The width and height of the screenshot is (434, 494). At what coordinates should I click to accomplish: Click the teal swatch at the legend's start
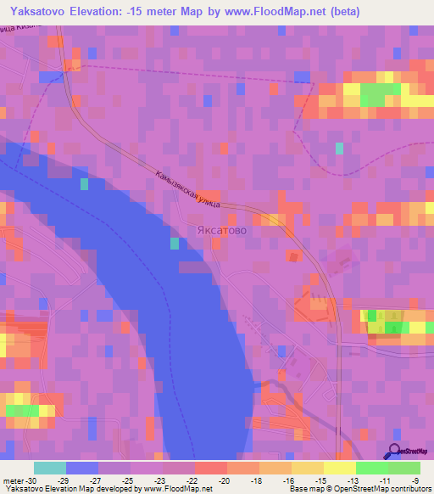[x=49, y=468]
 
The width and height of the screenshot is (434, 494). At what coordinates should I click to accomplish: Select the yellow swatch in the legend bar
[x=339, y=468]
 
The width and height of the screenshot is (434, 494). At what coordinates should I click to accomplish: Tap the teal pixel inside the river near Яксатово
[x=175, y=244]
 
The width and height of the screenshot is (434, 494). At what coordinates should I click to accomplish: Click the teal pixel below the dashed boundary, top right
[x=339, y=148]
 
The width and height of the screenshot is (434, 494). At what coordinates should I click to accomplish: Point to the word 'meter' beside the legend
[x=11, y=480]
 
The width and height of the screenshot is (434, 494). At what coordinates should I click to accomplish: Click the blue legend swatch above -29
[x=81, y=468]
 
